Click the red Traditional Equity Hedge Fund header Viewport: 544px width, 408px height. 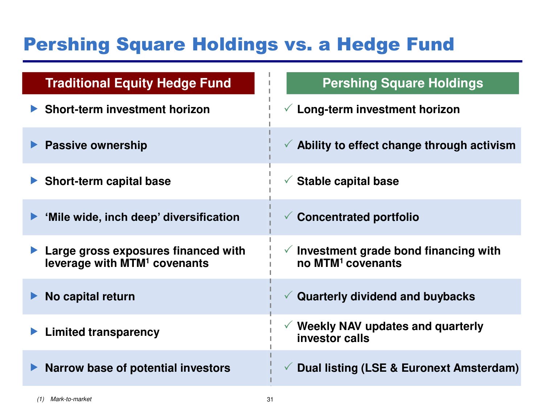pyautogui.click(x=138, y=83)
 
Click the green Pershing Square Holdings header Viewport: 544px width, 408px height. pyautogui.click(x=403, y=83)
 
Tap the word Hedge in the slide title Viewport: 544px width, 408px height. pyautogui.click(x=368, y=45)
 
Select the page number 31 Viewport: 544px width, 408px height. pyautogui.click(x=270, y=399)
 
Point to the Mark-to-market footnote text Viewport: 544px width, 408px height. pyautogui.click(x=71, y=399)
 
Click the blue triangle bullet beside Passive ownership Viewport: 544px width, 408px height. pyautogui.click(x=34, y=145)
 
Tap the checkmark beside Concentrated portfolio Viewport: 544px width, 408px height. pyautogui.click(x=288, y=215)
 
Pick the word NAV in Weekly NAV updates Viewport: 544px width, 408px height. pyautogui.click(x=350, y=326)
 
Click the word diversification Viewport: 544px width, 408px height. pyautogui.click(x=201, y=217)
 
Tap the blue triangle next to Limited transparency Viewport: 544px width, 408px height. pyautogui.click(x=34, y=331)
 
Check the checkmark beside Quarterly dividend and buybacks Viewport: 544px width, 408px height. pyautogui.click(x=288, y=295)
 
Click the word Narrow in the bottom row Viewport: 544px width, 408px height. pyautogui.click(x=64, y=368)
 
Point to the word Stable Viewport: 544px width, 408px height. pyautogui.click(x=314, y=181)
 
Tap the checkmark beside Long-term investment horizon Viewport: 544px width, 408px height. pyautogui.click(x=288, y=108)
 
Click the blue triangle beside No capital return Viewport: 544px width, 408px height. pyautogui.click(x=34, y=296)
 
